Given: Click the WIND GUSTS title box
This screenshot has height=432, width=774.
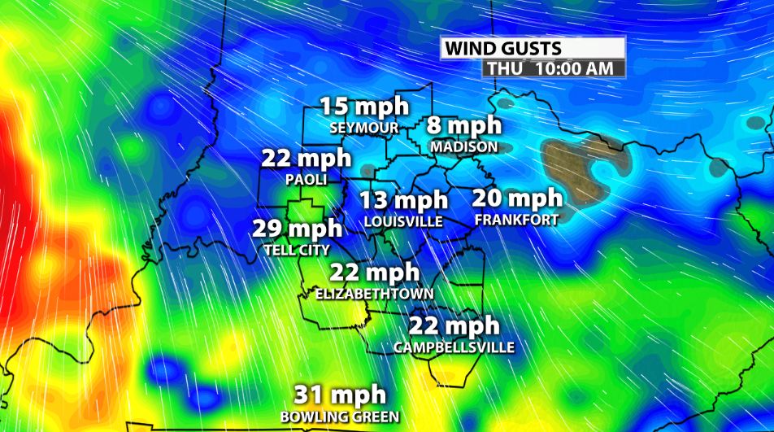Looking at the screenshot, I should tap(533, 49).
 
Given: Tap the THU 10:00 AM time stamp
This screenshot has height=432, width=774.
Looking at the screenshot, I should tap(554, 69).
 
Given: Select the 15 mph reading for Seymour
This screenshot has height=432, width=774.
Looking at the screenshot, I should tap(363, 107).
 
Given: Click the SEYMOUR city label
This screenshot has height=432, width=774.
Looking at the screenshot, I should tap(363, 128).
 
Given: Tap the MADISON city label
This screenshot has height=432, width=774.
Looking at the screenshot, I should tap(464, 147).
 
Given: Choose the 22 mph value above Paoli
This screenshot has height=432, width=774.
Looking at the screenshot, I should tap(306, 158).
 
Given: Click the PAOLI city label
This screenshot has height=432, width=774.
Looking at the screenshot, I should tap(306, 178).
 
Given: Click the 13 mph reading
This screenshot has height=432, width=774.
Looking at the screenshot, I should tap(404, 200).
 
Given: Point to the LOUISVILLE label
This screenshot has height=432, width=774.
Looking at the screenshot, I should tap(404, 221).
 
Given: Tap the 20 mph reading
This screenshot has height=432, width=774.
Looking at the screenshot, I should tap(517, 199).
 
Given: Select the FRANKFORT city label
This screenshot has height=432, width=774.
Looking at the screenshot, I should tap(517, 220).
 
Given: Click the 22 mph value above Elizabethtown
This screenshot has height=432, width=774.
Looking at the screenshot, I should tap(375, 273).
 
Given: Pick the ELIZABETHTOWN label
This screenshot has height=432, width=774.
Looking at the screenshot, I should tap(375, 293).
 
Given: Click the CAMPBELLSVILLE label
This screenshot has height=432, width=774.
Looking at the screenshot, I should tap(454, 347).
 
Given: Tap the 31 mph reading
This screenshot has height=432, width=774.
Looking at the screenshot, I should tap(340, 396).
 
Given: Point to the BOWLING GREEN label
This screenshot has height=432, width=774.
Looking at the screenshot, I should tap(340, 417).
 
